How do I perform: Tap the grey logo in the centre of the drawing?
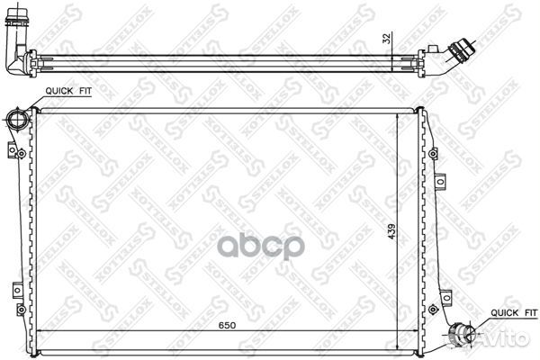click(x=271, y=246)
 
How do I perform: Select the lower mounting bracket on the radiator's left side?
click(x=15, y=289)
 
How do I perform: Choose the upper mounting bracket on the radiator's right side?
click(x=441, y=183)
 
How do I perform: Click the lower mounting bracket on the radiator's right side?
click(x=445, y=292)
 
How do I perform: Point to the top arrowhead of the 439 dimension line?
click(x=397, y=115)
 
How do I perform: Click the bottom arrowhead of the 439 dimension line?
click(x=397, y=346)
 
